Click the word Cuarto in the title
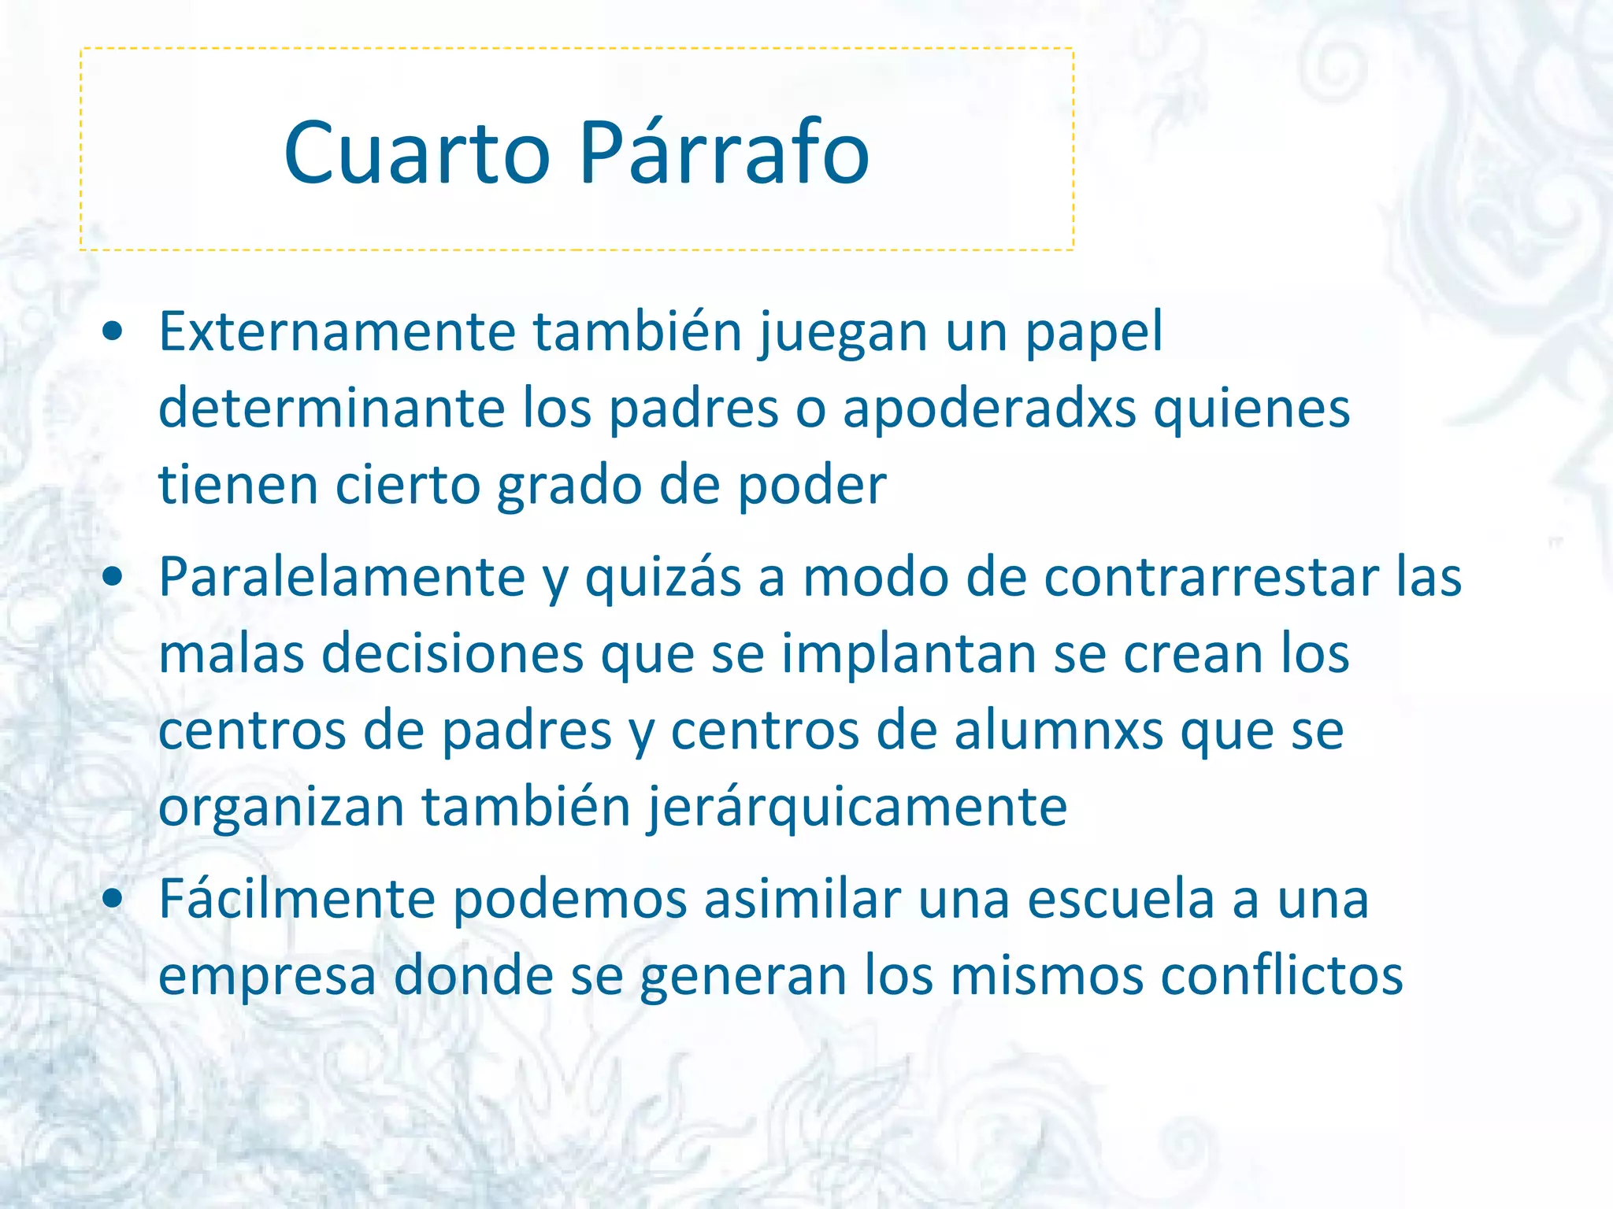pos(417,153)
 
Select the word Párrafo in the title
pos(724,153)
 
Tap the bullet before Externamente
pos(113,332)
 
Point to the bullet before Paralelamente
pos(113,577)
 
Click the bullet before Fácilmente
pos(113,899)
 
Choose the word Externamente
pos(337,332)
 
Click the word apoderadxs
pos(989,409)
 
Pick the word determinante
pos(332,409)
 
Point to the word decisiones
pos(452,654)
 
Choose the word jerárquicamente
pos(857,808)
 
